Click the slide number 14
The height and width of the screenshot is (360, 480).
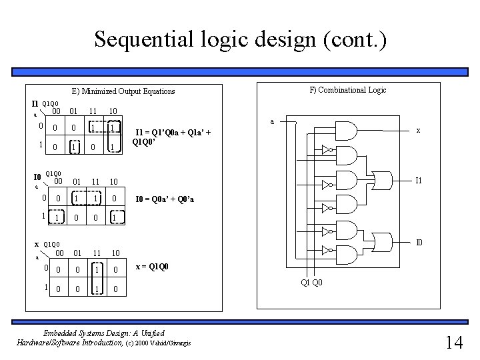[x=454, y=343]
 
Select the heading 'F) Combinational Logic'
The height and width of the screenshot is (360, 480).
[x=347, y=89]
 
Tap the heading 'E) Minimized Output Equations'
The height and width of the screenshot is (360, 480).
[x=123, y=91]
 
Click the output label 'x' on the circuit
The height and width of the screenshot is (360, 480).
[x=418, y=131]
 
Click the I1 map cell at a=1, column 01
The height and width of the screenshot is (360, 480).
[x=75, y=147]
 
